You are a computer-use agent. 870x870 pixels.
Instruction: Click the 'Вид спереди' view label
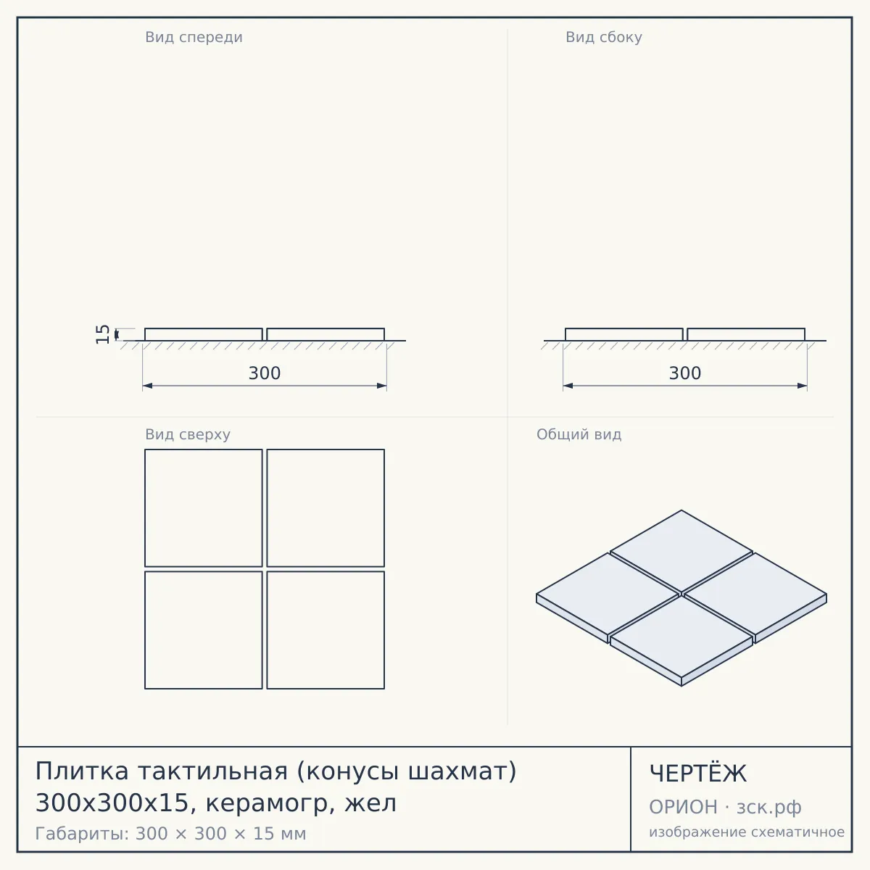(x=194, y=38)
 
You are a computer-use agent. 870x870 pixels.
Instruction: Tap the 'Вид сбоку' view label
(x=604, y=38)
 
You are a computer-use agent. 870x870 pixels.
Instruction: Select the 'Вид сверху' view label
(x=188, y=434)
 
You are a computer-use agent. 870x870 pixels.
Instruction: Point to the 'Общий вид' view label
(x=579, y=434)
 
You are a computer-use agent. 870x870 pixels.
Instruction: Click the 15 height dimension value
(x=103, y=334)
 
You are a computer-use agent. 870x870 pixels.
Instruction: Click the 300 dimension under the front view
(x=265, y=373)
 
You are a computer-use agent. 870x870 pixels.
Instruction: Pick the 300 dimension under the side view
(x=685, y=373)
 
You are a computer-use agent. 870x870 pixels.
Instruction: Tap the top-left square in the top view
(x=204, y=508)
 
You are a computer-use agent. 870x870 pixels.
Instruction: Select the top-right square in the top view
(x=326, y=508)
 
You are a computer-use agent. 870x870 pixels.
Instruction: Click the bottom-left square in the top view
(x=204, y=630)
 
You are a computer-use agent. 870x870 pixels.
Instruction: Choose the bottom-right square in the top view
(x=326, y=630)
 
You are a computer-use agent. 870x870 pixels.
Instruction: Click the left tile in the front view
(x=204, y=334)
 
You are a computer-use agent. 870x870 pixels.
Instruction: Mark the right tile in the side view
(x=746, y=334)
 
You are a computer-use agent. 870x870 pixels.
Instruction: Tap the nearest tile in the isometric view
(x=681, y=639)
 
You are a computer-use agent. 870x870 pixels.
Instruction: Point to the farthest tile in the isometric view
(x=681, y=551)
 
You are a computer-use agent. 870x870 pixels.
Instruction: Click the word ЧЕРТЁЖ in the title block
(x=698, y=774)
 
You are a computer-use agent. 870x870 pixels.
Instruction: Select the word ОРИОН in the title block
(x=683, y=807)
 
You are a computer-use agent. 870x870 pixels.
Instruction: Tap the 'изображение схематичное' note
(x=747, y=832)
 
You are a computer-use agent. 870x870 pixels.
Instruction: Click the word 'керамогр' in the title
(x=270, y=804)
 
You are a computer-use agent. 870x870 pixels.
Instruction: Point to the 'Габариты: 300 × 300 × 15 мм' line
(x=170, y=834)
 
